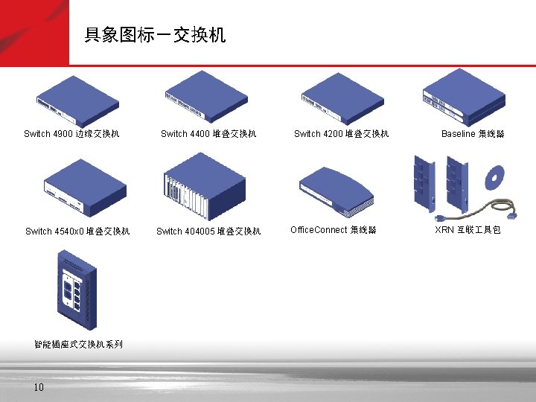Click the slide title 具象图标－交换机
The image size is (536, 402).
[155, 35]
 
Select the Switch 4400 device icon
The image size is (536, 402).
[205, 97]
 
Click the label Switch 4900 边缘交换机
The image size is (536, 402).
[71, 134]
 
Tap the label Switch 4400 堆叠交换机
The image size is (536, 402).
[208, 134]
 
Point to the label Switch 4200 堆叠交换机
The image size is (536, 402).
[341, 134]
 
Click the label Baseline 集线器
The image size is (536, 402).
[473, 134]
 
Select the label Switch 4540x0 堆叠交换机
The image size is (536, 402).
[77, 231]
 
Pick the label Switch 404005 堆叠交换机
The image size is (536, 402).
[208, 231]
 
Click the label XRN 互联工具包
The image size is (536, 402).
[468, 230]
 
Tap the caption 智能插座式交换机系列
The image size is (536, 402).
[78, 345]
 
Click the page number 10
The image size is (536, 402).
[39, 387]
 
